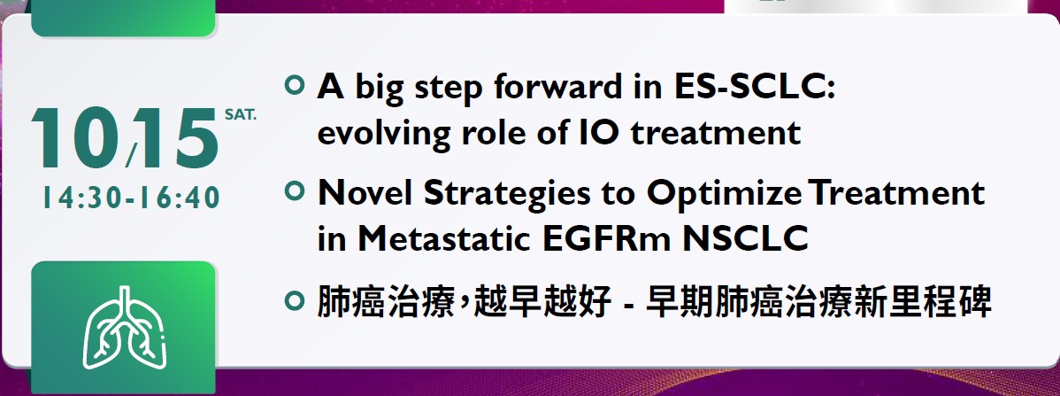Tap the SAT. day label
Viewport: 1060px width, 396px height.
241,115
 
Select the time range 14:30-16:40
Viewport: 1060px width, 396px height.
132,198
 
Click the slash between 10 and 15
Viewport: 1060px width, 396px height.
130,154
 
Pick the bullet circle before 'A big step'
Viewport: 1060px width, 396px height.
294,86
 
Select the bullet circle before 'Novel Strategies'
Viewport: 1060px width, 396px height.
294,191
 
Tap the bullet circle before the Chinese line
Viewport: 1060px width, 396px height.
294,299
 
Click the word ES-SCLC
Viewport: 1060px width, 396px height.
755,88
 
